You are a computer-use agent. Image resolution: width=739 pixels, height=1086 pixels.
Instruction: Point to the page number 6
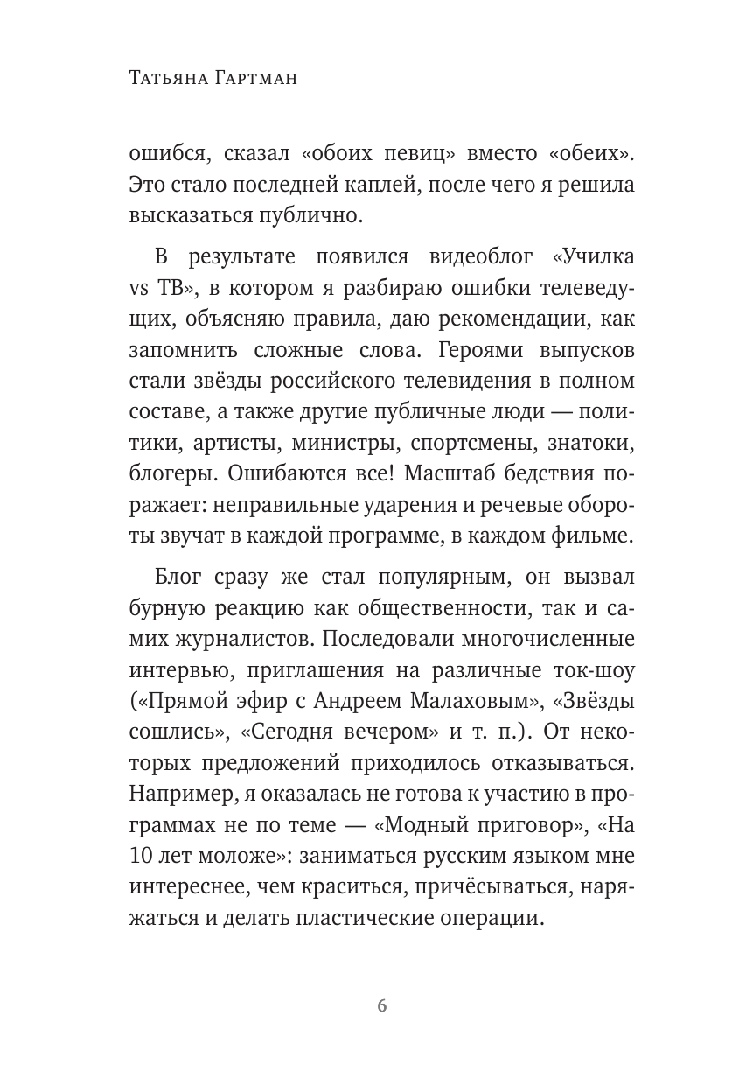coord(381,1005)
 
